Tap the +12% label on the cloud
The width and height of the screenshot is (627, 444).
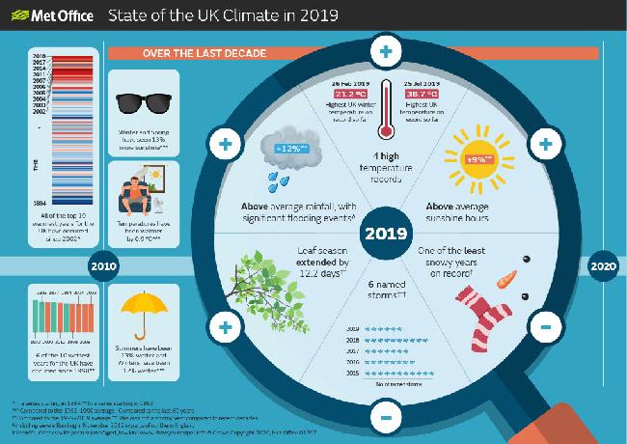(290, 149)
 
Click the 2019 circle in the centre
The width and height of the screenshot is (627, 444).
(385, 235)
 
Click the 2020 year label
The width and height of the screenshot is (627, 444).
(604, 267)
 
